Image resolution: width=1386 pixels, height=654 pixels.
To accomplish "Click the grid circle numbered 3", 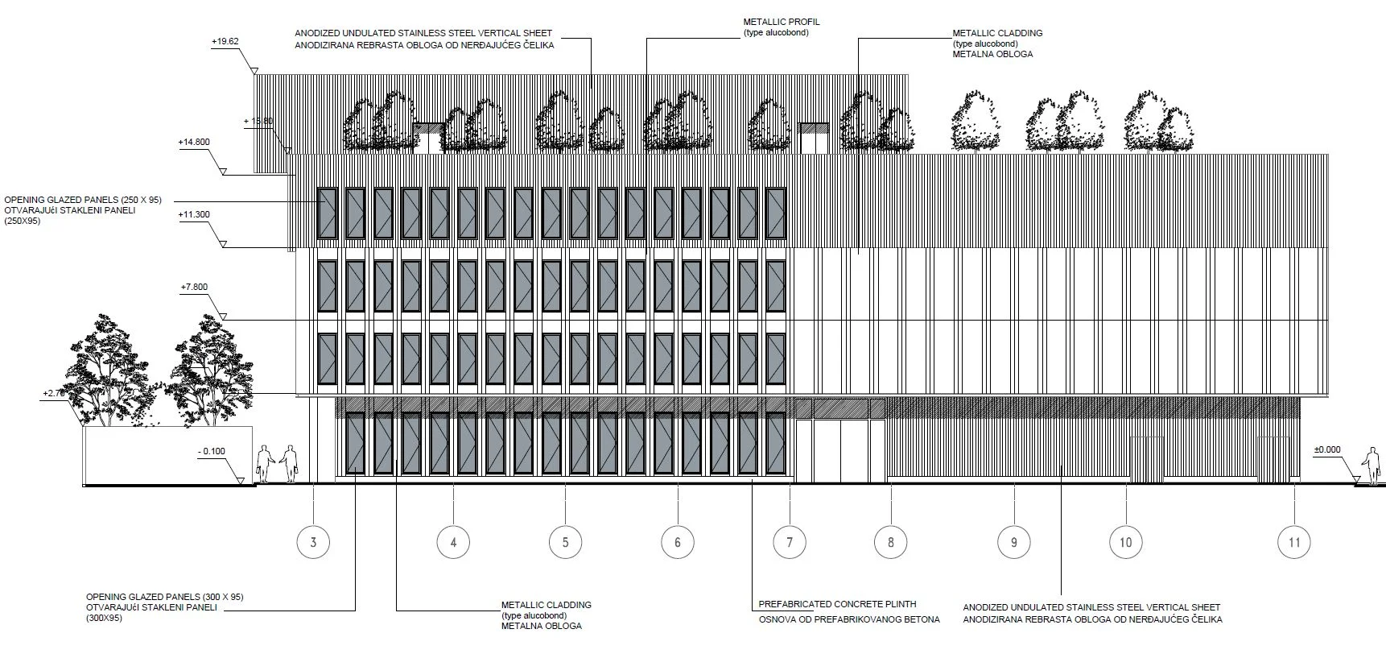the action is [313, 542].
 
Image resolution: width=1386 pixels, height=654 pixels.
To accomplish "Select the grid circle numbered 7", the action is [789, 542].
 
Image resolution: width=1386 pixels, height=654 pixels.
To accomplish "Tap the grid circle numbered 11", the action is [1293, 542].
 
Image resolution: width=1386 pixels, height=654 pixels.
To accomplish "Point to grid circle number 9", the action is [1013, 542].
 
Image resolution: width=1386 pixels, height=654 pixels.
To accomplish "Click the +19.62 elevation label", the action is [225, 41].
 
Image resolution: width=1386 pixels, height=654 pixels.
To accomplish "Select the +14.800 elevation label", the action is [194, 143].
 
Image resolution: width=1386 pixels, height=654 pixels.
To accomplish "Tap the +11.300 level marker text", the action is [194, 215].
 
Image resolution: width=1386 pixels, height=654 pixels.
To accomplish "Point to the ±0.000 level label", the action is [1327, 450].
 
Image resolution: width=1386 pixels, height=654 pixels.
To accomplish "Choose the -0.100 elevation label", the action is [212, 452].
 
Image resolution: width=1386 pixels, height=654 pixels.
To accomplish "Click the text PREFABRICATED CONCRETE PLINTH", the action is [837, 604].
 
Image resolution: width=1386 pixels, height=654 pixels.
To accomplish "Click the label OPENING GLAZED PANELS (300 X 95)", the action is [164, 597].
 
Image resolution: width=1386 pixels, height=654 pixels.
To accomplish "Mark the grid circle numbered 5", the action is [565, 542].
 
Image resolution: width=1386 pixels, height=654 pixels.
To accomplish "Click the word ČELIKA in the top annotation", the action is [534, 45].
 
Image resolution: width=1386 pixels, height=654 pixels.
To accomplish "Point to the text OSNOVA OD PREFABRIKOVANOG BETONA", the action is [848, 619].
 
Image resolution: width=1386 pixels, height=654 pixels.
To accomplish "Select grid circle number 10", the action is [1125, 542].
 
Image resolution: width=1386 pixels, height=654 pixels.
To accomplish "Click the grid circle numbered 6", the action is [677, 542].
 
